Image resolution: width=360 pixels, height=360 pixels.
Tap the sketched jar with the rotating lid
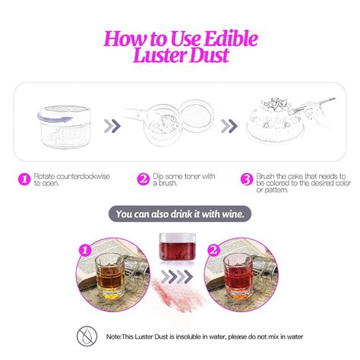pos(57,121)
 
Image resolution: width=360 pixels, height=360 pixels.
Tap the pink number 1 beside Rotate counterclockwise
pos(24,180)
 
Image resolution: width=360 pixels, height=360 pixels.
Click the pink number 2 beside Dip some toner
pos(143,180)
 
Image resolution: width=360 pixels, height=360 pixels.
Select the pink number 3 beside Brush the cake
pos(246,180)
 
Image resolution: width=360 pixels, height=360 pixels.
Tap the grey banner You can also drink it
pos(179,214)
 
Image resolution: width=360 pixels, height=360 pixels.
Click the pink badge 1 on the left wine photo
pos(85,249)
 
